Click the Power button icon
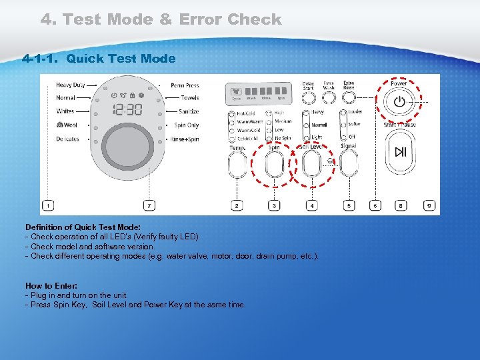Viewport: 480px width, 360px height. (x=399, y=102)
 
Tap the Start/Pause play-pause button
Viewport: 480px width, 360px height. (x=400, y=152)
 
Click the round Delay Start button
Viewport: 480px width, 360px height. (x=308, y=98)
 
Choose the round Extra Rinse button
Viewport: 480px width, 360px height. (x=348, y=98)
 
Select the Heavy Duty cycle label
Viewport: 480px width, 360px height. (x=70, y=85)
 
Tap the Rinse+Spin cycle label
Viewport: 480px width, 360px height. (x=185, y=139)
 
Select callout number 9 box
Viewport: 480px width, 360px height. (x=429, y=206)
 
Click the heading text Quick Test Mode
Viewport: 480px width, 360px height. (x=121, y=59)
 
